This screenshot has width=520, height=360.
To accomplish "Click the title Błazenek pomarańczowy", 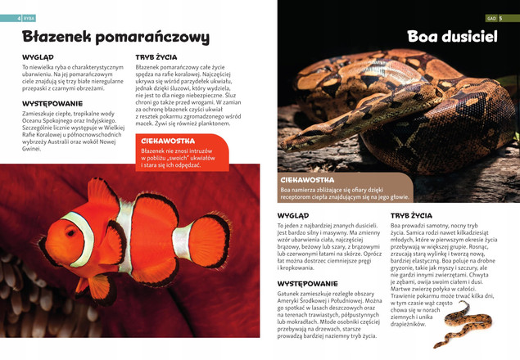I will click(x=115, y=37).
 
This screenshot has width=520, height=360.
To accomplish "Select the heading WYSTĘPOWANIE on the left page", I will click(x=52, y=104).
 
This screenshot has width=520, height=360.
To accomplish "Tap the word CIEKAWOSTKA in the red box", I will click(x=167, y=142).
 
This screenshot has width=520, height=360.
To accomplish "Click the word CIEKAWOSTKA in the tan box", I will click(x=307, y=179).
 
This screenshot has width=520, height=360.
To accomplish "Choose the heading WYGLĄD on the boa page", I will click(x=293, y=215).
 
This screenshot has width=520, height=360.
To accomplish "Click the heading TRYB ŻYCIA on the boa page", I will click(x=411, y=215).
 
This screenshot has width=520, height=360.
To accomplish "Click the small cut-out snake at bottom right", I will click(x=463, y=323).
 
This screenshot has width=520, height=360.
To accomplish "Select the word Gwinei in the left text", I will click(x=31, y=149).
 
